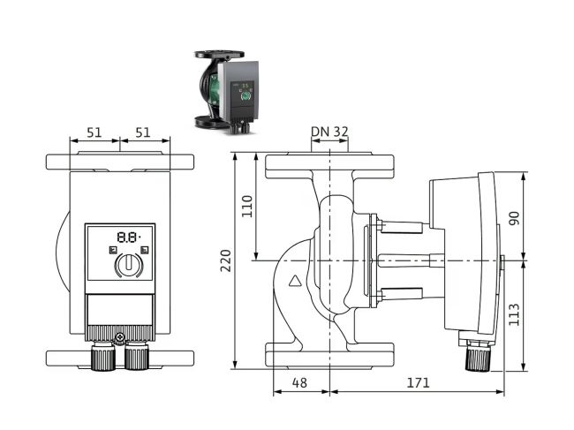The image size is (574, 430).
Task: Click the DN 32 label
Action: tap(329, 132)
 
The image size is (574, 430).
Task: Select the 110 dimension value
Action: tap(247, 206)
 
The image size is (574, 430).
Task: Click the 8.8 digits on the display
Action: tap(127, 238)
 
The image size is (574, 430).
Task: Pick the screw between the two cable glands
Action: tap(119, 337)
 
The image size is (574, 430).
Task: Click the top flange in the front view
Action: tap(119, 163)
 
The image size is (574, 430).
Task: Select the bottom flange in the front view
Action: tap(119, 358)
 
